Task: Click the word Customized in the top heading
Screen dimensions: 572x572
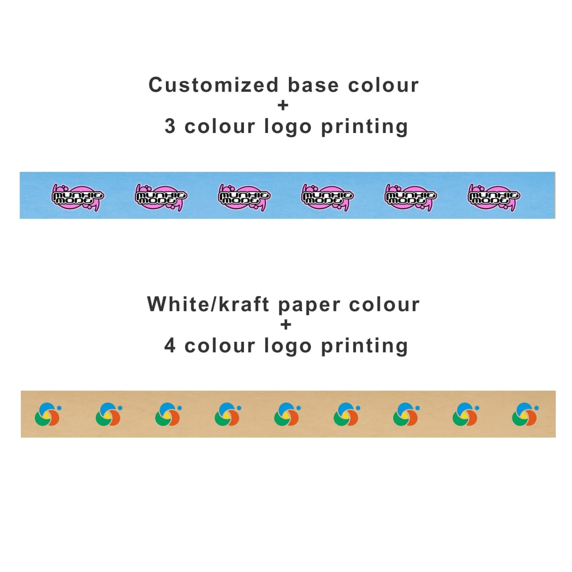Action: [213, 85]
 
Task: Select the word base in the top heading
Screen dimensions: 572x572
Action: [313, 85]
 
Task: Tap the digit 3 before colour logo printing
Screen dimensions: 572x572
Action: [170, 126]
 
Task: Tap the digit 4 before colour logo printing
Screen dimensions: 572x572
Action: [170, 346]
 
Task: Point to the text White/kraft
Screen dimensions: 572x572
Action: [208, 305]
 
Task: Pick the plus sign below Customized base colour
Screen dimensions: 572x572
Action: [283, 105]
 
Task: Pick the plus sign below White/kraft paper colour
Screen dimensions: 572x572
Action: [286, 325]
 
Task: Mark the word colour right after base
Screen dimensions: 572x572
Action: [383, 85]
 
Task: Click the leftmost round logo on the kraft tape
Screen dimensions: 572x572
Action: [48, 414]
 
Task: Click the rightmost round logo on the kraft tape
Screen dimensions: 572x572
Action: [524, 414]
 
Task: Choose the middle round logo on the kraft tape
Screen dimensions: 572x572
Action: [286, 414]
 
